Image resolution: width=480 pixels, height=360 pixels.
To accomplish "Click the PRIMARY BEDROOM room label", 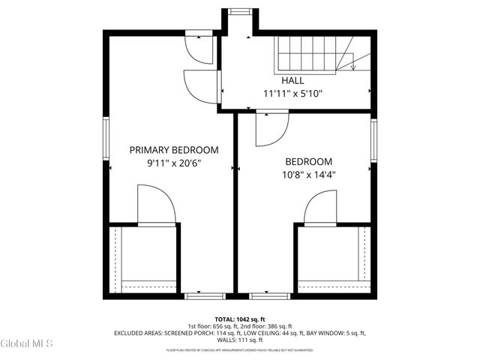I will point(174,150).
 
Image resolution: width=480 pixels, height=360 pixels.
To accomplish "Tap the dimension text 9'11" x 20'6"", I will point(174,163).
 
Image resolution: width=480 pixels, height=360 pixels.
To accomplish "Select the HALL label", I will point(292,80).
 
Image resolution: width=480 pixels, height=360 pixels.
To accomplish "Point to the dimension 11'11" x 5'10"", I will point(292,94).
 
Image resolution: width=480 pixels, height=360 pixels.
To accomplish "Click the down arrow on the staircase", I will point(352,66).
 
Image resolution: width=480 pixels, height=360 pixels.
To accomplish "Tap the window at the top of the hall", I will point(240,10).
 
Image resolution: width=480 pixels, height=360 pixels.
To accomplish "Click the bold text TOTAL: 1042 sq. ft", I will point(240,319).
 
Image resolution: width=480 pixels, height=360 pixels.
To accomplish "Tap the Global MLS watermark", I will point(27,344).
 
